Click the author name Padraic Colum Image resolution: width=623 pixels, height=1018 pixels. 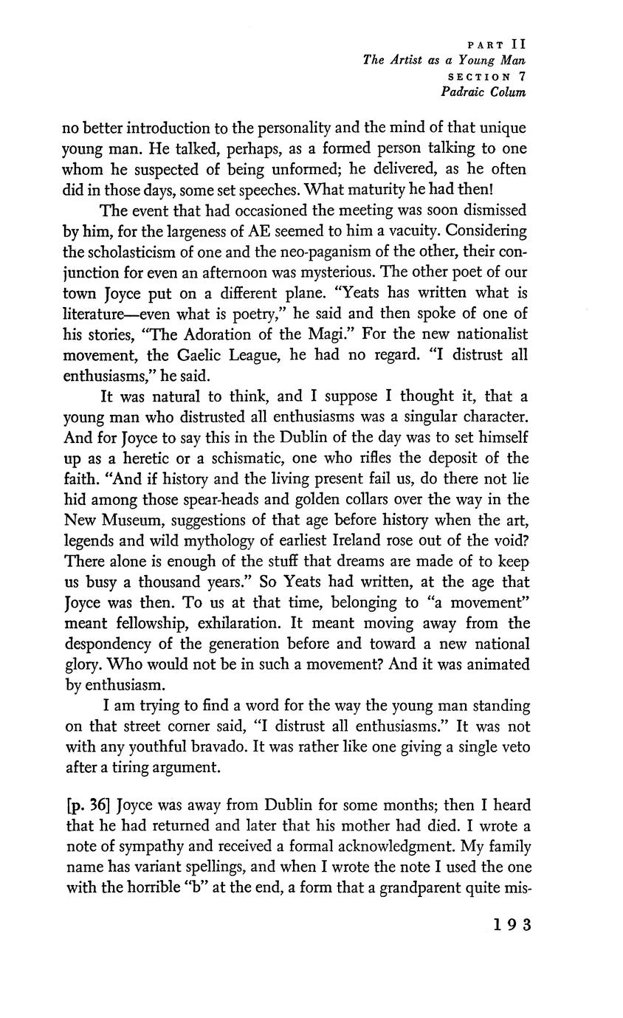(x=483, y=92)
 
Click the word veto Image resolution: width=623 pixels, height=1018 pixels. (x=514, y=747)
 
